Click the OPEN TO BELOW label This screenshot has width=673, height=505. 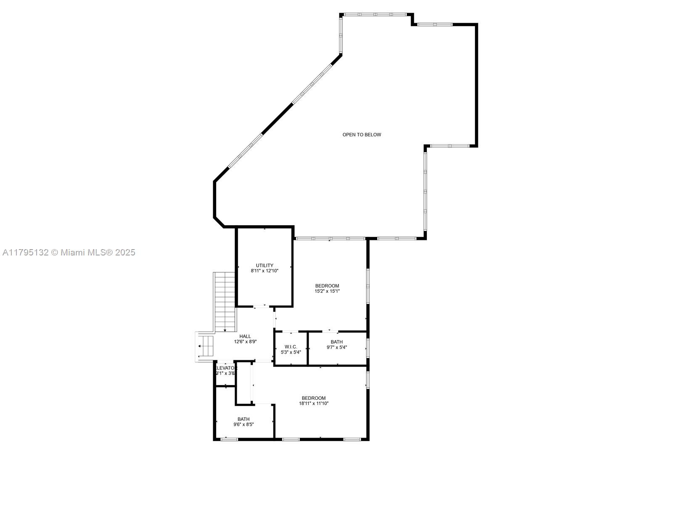click(362, 135)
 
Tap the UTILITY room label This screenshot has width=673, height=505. click(265, 266)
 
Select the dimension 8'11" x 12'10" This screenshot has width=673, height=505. click(265, 271)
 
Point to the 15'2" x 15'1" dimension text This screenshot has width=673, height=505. click(327, 291)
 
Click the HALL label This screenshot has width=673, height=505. click(245, 336)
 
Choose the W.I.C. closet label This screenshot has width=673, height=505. click(291, 347)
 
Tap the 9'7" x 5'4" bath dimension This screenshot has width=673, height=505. click(337, 347)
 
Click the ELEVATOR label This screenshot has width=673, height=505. click(226, 368)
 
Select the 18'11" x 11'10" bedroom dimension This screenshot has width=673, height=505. click(314, 403)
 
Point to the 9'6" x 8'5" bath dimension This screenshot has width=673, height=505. click(244, 425)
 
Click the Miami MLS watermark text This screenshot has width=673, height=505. click(69, 252)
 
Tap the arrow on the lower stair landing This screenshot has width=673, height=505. click(200, 346)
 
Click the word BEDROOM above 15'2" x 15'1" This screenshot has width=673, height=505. click(327, 286)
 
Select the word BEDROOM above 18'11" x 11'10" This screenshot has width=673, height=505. click(314, 398)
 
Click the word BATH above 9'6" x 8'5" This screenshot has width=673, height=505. click(244, 419)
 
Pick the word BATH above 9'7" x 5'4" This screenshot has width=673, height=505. click(337, 342)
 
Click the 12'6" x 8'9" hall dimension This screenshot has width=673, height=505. click(245, 342)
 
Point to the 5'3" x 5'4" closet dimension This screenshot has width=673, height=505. click(291, 352)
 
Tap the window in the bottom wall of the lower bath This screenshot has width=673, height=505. click(229, 439)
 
